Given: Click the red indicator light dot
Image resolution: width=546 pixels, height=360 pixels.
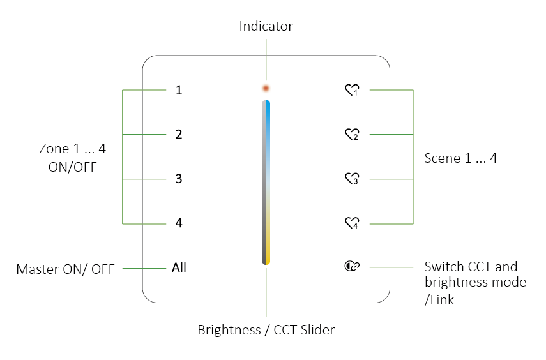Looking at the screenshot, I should pos(266,88).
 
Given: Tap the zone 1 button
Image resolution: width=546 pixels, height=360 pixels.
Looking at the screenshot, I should pos(179,90).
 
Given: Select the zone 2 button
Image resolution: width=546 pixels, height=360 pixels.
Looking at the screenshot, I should pos(179,135).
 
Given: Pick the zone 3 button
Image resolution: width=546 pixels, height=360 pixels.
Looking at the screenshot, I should pos(179,179).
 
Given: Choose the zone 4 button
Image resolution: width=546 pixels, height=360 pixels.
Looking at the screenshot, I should pos(179,223).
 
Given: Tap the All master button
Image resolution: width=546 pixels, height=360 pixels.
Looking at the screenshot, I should pos(179,267).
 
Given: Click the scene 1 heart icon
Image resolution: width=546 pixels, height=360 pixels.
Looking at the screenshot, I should pos(352,91).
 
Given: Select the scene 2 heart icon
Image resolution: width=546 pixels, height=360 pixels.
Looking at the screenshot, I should pos(352,135).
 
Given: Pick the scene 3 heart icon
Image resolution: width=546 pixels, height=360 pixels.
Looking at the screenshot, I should pos(352,179).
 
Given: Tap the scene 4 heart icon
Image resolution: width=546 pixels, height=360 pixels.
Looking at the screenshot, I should pos(352,223).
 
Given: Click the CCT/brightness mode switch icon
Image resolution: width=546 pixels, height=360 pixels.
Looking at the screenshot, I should pos(352,267).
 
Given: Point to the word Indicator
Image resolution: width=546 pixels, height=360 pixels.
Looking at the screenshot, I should pos(266,26).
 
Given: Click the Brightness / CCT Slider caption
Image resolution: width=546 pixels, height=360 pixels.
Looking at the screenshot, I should pos(266,330).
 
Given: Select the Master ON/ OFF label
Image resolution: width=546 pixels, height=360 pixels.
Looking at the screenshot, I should pos(65,269).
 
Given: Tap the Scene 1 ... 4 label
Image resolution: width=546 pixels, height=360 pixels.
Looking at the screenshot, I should pos(460,158).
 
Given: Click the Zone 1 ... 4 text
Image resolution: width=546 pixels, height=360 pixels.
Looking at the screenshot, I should pos(72,149).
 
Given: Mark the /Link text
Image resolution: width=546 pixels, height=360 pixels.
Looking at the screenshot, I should pos(439,299).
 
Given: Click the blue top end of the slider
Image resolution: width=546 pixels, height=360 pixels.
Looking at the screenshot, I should pos(268,106).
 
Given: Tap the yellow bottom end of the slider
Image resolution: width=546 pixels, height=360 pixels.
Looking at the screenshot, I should pos(268,258).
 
